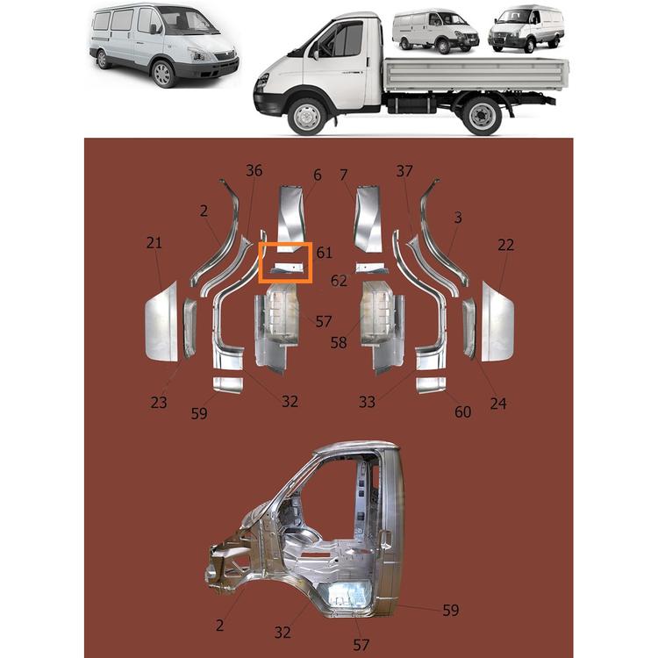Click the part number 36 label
coord(254,170)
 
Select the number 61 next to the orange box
coord(324,253)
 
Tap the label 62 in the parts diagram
coord(339,281)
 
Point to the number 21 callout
coord(154,242)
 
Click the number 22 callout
coord(505,245)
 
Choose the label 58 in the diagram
coord(339,342)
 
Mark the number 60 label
coord(463,411)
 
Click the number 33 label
coord(367,402)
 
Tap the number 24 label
coord(498,404)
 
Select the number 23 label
coord(159,403)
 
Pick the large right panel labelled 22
coord(497,323)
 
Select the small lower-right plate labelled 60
coord(431,385)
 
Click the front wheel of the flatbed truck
coord(307,116)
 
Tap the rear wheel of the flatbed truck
coord(482,115)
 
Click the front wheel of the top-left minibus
coord(162,74)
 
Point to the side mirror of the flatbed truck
coord(315,55)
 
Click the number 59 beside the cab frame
coord(451,610)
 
